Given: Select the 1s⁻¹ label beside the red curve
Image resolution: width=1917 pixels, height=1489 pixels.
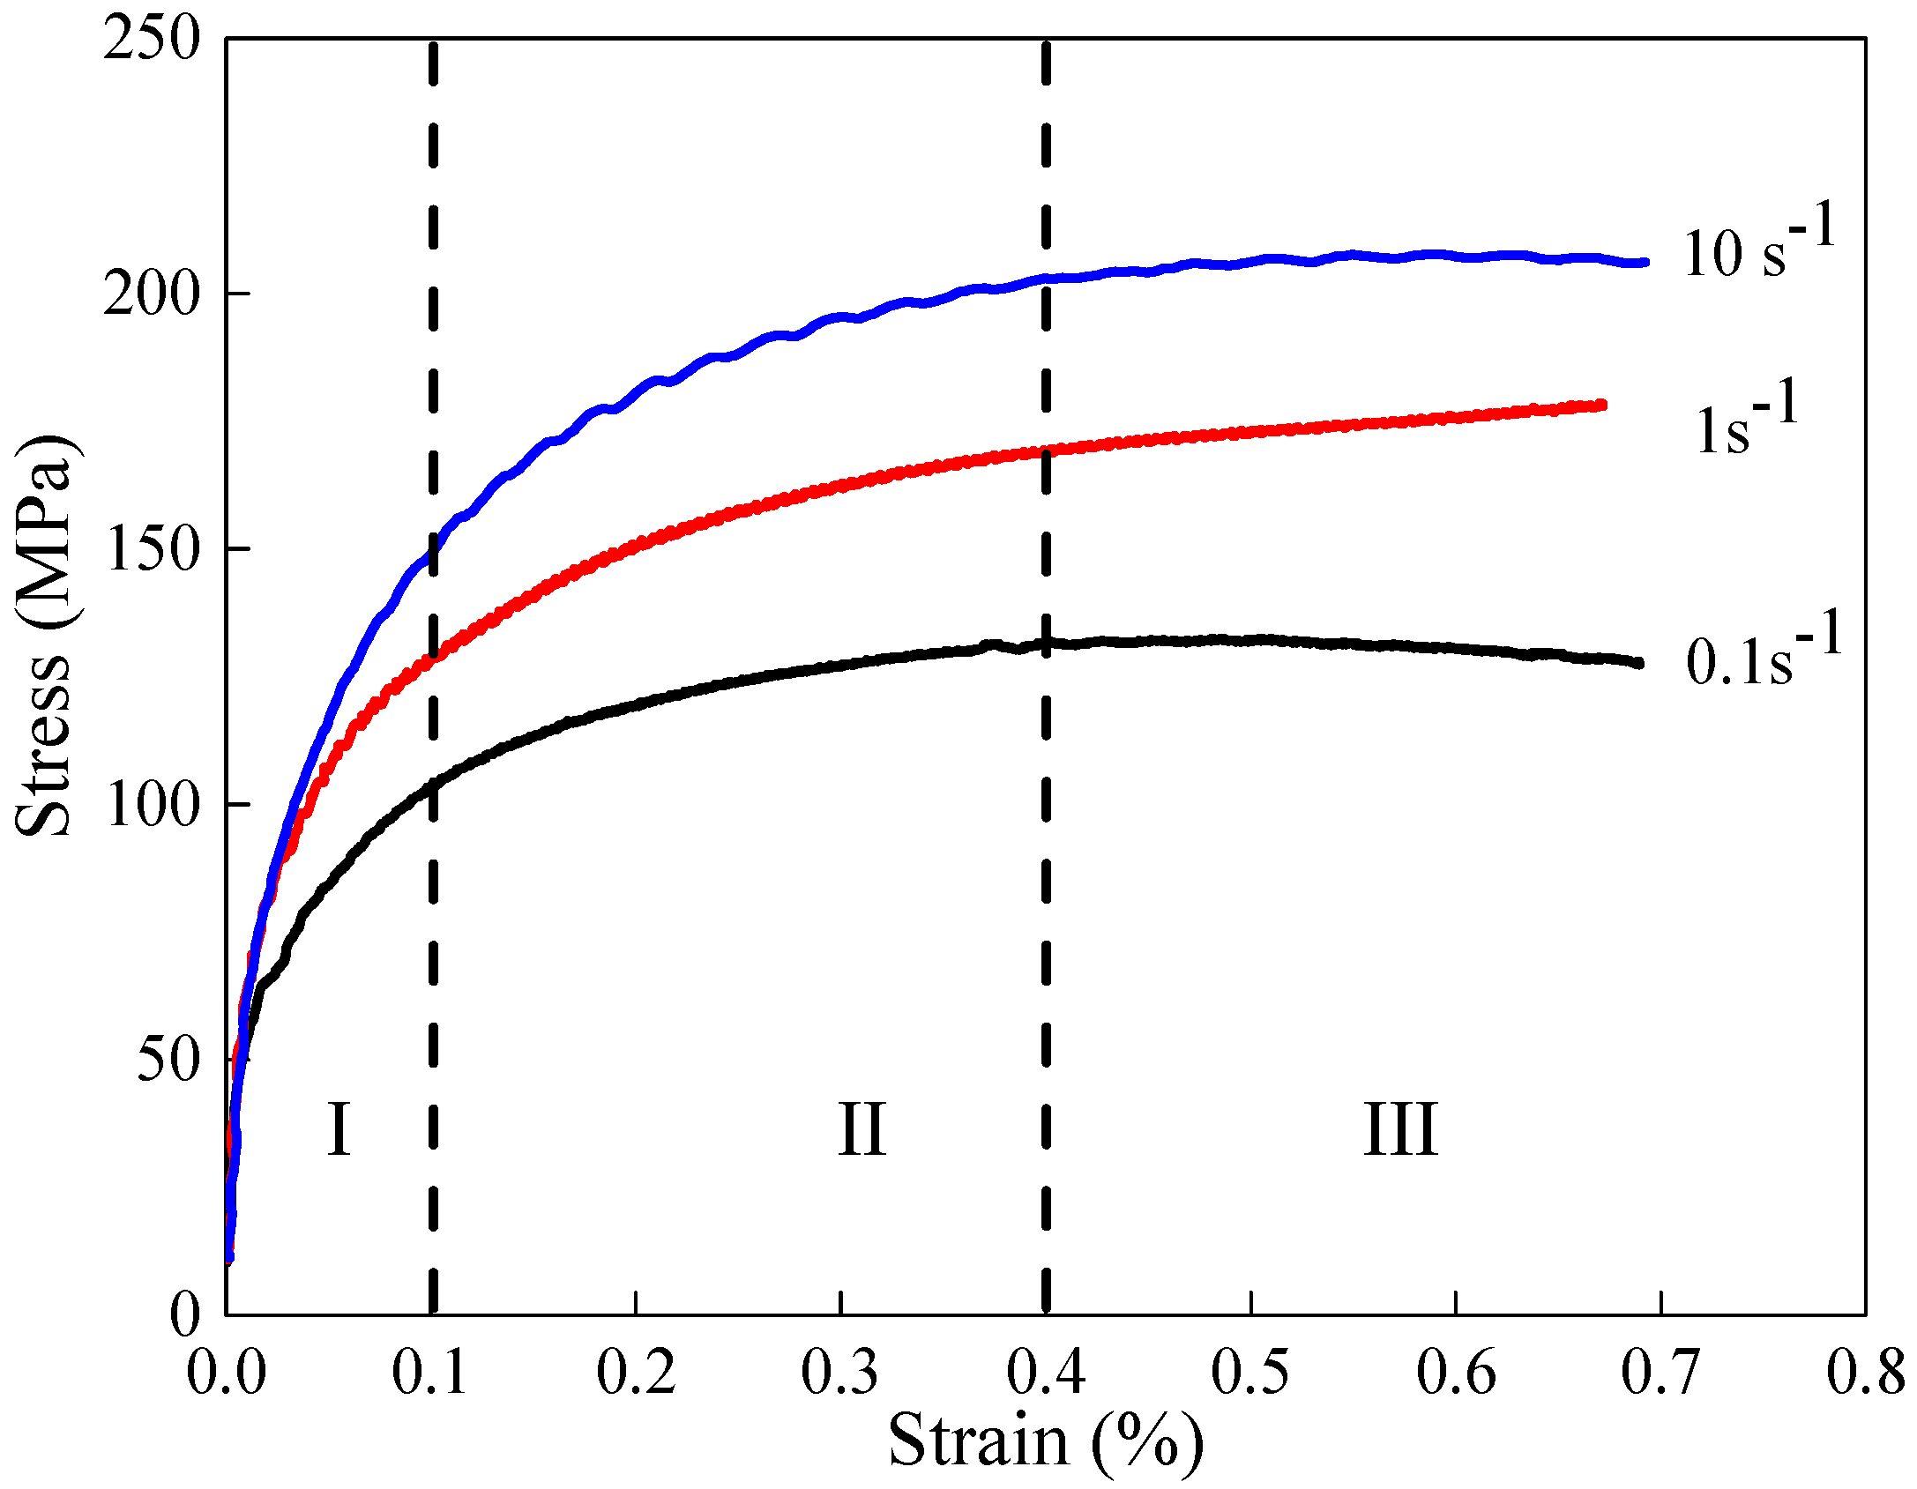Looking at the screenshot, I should pos(1746,421).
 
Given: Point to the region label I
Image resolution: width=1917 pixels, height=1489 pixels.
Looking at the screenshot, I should pos(339,1129).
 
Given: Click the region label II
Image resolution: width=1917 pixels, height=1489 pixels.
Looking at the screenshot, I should pos(861,1129).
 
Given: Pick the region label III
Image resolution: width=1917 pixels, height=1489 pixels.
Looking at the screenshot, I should pos(1400,1129).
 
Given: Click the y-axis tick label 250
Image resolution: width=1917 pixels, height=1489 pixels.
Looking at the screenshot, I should pos(151,40).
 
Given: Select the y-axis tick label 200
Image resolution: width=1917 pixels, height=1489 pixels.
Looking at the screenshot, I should pos(151,294).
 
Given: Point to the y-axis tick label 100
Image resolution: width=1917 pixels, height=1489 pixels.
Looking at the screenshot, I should pos(151,805).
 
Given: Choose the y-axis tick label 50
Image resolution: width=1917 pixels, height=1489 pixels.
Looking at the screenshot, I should pos(168,1060).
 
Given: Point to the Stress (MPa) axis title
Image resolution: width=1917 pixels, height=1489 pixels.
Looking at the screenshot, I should pos(44,635).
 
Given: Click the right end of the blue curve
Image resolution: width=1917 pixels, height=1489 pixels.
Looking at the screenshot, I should pos(1645,263).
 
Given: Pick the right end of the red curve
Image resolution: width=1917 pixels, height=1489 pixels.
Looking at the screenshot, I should pos(1602,406).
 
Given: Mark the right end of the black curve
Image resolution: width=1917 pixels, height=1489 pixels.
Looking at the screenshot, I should pos(1639,663).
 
